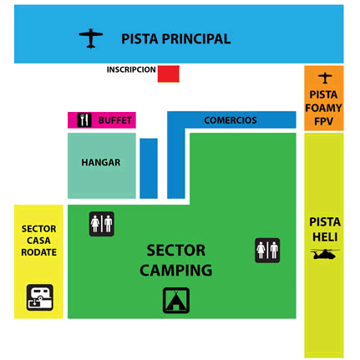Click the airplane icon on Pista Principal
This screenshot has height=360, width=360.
pos(91,38)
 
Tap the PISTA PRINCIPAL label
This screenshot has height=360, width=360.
pos(176,38)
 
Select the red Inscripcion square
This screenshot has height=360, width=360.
pos(169,74)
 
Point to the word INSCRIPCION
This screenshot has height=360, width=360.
pos(131,69)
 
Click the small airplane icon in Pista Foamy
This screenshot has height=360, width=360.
pos(325,78)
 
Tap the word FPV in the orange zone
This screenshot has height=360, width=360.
pos(323,121)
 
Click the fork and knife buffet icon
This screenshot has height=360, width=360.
pos(84,120)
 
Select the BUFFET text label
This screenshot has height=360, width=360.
pos(115,120)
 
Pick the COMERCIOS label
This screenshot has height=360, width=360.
pos(231,120)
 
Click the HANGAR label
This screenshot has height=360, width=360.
pos(101,162)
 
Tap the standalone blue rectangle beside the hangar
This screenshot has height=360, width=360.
pos(149,169)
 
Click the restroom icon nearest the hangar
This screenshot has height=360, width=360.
pos(102,224)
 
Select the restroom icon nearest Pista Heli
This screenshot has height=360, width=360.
pos(267,251)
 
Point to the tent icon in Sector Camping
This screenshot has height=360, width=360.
pos(176,301)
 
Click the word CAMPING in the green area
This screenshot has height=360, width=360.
pos(176,270)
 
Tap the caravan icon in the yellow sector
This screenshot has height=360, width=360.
pos(40,297)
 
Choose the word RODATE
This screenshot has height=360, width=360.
pos(38,252)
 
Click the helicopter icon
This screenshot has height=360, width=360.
pos(325,254)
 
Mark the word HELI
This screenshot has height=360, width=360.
pos(325,237)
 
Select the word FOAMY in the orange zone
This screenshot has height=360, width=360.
pos(323,108)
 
